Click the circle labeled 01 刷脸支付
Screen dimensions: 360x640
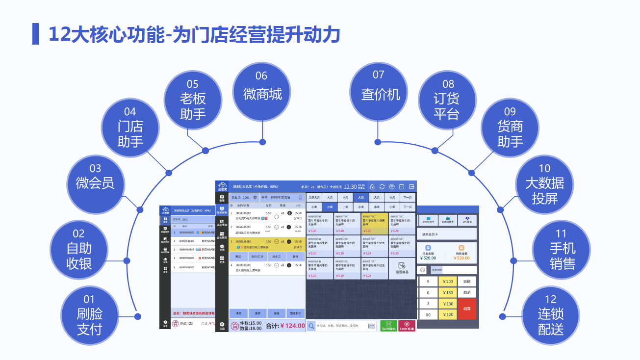point(89,314)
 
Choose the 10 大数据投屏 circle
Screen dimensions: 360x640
point(544,184)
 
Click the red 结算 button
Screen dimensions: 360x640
point(467,309)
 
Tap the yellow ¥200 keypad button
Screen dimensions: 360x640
point(448,282)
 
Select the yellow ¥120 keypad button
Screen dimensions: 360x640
point(448,314)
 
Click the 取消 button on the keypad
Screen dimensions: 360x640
point(467,292)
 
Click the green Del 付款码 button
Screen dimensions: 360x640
point(389,326)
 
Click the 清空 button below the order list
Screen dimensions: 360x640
point(238,313)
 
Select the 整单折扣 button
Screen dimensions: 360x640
point(296,313)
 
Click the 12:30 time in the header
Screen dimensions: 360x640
point(350,186)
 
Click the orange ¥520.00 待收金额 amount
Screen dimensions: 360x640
point(461,258)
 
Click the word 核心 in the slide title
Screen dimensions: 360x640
point(104,35)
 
